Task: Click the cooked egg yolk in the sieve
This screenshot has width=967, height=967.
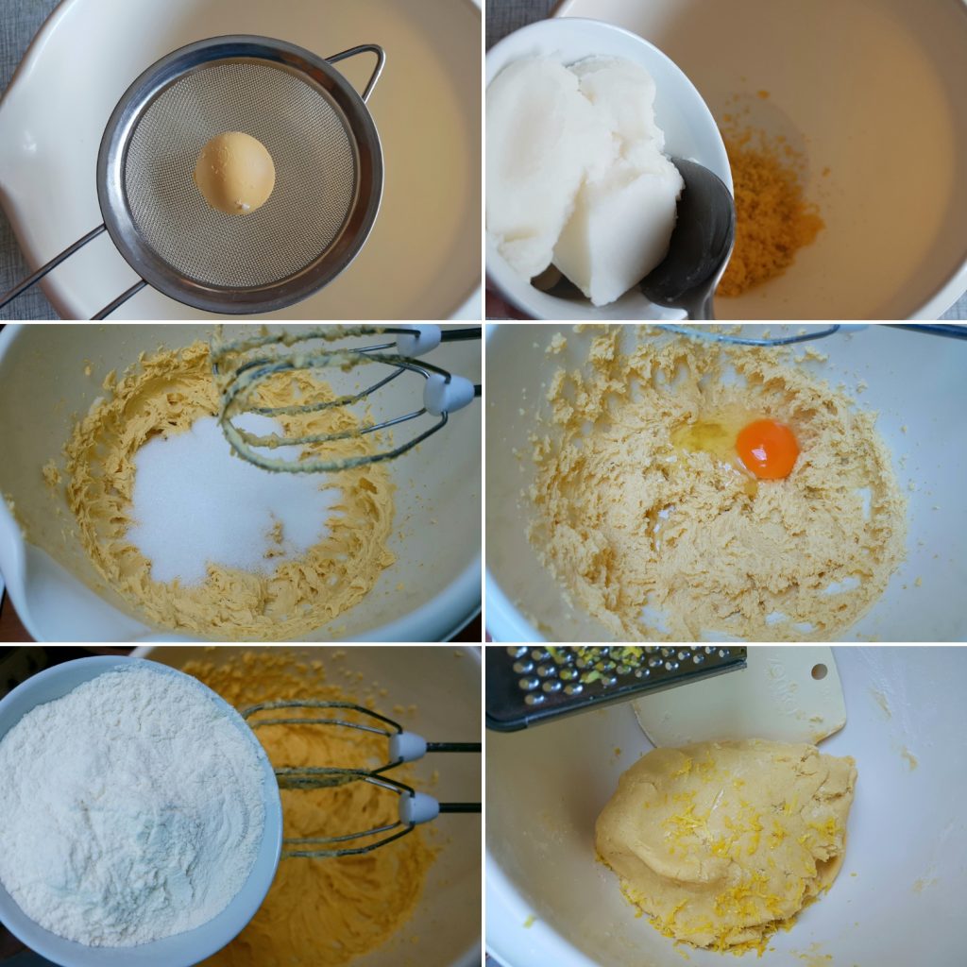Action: tap(234, 173)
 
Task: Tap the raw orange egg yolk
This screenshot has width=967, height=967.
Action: tap(767, 449)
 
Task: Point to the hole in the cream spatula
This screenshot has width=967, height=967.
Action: tap(819, 672)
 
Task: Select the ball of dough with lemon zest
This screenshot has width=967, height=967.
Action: tap(722, 836)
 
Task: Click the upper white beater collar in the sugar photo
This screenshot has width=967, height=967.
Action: tap(418, 340)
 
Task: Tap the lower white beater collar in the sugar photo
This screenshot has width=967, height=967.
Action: tap(448, 394)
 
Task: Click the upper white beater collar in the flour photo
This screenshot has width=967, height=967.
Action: tap(408, 746)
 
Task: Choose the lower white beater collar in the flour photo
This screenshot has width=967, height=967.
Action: tap(418, 807)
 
